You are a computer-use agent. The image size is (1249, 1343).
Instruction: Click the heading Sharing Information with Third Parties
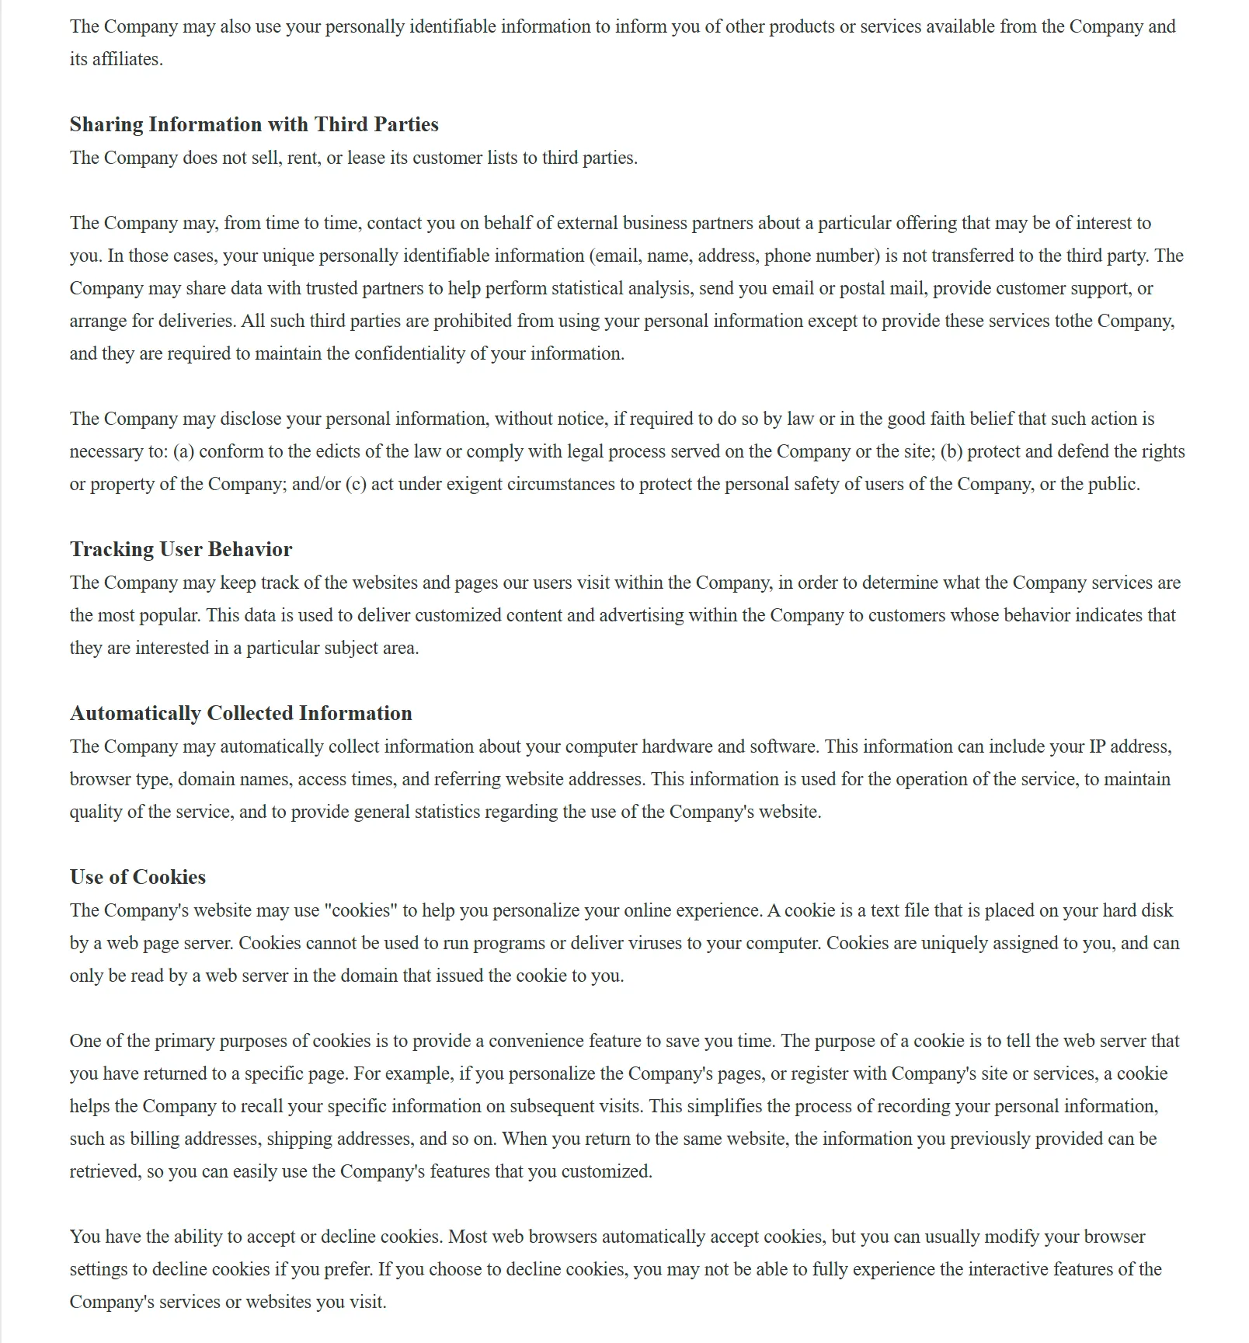tap(254, 124)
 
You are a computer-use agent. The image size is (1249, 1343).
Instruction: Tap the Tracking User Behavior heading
tap(181, 549)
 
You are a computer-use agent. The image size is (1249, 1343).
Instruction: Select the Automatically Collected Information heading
tap(241, 713)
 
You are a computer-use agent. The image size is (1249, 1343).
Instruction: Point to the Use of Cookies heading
tap(137, 877)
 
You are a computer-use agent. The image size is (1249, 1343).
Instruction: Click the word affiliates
tap(127, 60)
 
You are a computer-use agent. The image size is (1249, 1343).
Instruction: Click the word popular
tap(169, 615)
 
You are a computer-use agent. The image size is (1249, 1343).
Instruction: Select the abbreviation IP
tap(1097, 746)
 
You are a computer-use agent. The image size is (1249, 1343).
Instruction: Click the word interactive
tap(1013, 1269)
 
